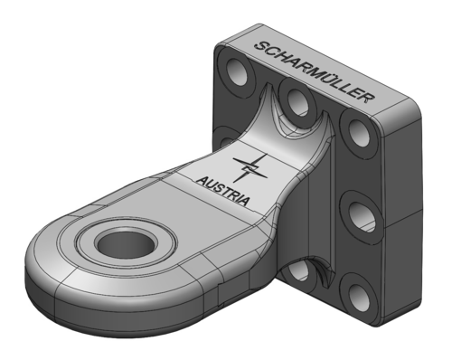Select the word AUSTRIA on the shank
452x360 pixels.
point(223,191)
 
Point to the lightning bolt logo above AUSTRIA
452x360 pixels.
point(250,168)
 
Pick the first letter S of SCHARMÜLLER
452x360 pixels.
point(261,46)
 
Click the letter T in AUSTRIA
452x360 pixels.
point(223,191)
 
